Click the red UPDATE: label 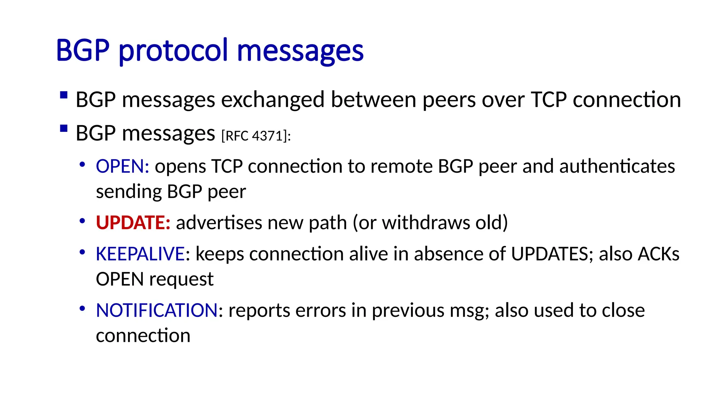click(133, 223)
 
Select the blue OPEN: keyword click(122, 166)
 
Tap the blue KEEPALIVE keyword click(140, 254)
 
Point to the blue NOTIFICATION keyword click(157, 310)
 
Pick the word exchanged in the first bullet click(273, 100)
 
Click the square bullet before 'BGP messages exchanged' click(64, 95)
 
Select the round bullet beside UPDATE click(82, 221)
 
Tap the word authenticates click(617, 166)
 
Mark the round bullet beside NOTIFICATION click(82, 309)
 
